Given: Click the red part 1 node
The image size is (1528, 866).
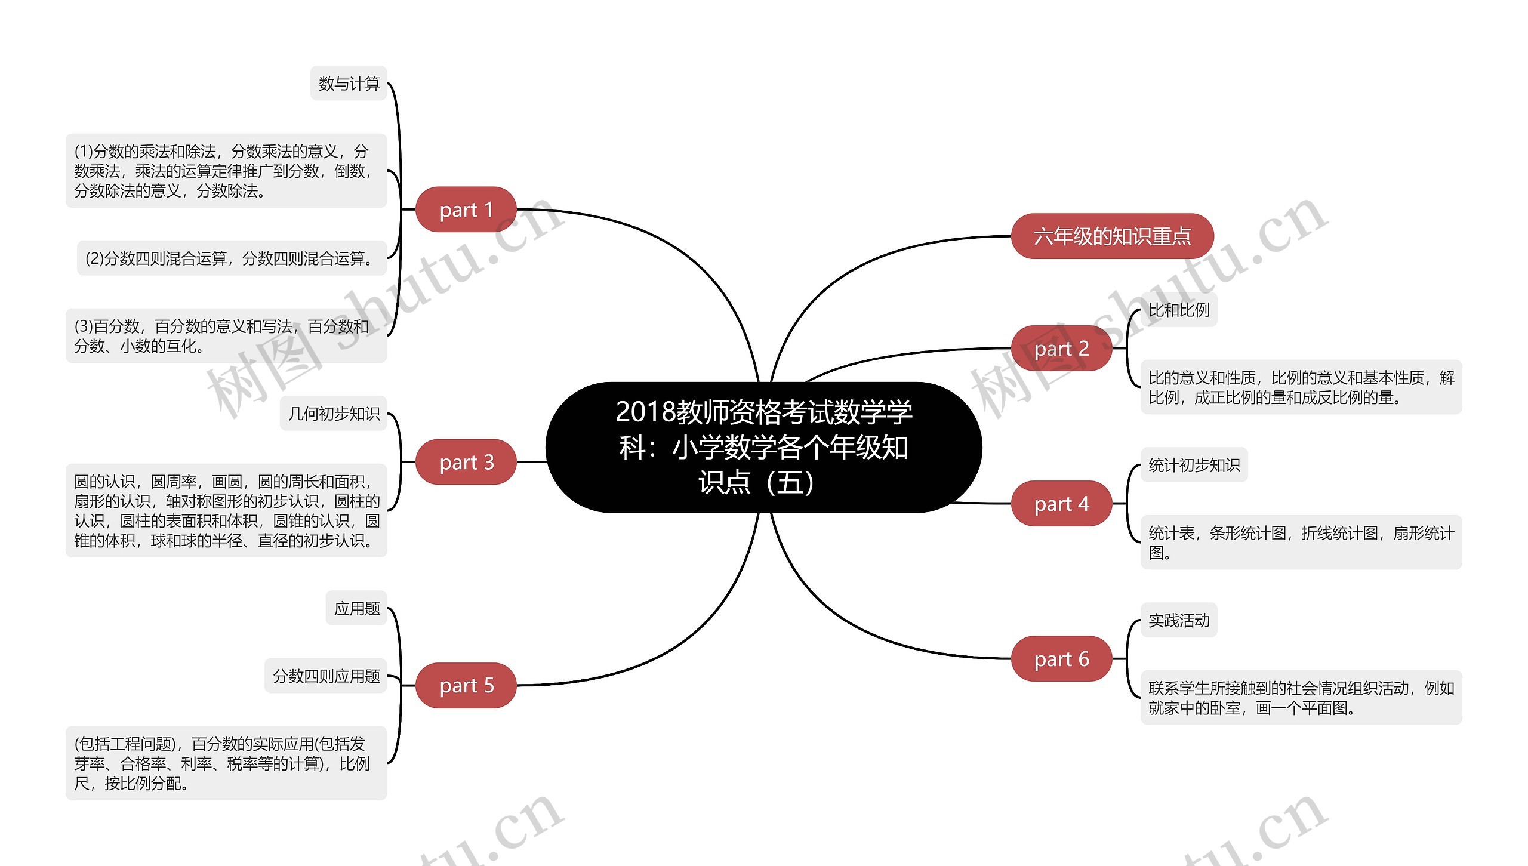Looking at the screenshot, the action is pos(466,209).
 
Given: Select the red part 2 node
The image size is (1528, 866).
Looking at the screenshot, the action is pos(1061,348).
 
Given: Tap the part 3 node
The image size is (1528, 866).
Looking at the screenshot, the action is pos(466,462).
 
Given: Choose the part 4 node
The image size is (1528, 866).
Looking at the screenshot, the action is pos(1061,504).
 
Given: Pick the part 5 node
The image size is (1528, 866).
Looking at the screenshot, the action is pos(466,685).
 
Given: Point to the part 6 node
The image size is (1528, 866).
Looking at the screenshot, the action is pos(1061,659).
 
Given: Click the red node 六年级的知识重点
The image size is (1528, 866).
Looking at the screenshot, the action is pos(1112,236).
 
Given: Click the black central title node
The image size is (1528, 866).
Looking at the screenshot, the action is pos(763,447).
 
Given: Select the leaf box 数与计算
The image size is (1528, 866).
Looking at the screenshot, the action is pos(349,84).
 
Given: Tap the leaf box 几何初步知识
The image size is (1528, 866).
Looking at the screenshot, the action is pos(334,414).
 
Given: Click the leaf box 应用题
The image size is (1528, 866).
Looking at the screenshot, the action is pos(356,608).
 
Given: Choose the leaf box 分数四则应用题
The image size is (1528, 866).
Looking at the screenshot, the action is pos(326,676).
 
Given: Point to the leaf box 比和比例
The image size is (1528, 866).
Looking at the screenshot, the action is pos(1179,310).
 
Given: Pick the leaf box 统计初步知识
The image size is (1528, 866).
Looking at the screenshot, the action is pos(1194,465).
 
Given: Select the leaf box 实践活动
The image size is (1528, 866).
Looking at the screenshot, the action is pos(1179,621).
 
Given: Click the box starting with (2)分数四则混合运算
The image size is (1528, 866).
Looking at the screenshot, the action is pos(232,258).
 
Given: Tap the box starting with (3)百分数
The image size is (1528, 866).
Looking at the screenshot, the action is pos(226,336).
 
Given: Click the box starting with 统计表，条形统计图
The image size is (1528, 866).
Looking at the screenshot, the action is pos(1301,543).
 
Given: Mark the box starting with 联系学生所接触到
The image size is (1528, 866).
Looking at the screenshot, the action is pos(1301,698).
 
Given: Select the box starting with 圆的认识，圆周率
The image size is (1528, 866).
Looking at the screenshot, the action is pos(226,511).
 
